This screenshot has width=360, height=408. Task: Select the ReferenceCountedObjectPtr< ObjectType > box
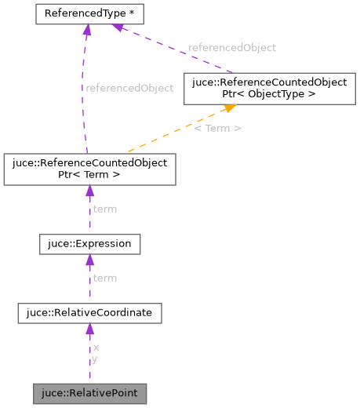coord(265,88)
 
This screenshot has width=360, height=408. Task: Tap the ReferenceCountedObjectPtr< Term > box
coord(89,169)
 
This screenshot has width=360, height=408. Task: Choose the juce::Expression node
coord(89,244)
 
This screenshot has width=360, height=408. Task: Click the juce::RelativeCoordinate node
coord(89,314)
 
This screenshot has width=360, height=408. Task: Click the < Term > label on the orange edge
coord(218,127)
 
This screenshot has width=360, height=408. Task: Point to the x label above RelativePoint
coord(96,347)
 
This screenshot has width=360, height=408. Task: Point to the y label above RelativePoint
coord(95,359)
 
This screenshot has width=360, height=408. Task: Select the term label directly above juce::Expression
coord(104,209)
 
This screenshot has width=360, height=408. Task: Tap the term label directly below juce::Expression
coord(104,278)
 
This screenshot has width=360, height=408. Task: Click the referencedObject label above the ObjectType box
coord(232,47)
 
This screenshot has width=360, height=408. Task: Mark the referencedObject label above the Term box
coord(129,88)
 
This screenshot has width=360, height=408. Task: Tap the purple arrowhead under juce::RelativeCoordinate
coord(89,330)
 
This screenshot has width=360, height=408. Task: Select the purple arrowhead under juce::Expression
coord(89,260)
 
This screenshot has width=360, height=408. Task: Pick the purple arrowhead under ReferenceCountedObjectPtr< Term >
coord(89,191)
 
